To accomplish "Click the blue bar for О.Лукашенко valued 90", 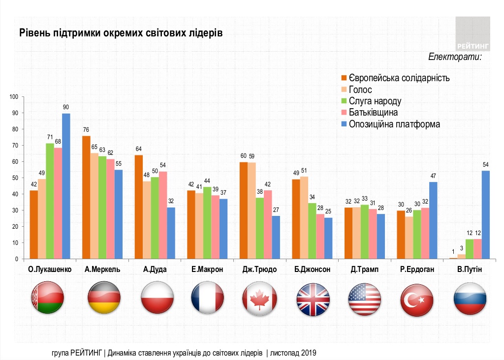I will coord(65,186).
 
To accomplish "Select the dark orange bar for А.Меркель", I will coord(86,197).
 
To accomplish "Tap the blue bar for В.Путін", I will coord(485,214).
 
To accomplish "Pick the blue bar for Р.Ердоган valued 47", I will coord(433,220).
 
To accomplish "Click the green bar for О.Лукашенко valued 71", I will coord(50,201).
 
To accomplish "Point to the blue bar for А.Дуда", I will coord(171,233).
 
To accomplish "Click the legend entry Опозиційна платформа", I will coord(394,124).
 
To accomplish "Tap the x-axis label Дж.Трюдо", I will coord(260,270).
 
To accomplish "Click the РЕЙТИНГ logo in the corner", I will coord(472,34).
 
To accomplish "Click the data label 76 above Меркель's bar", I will coord(86,130).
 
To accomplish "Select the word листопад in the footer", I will coord(285,353).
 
